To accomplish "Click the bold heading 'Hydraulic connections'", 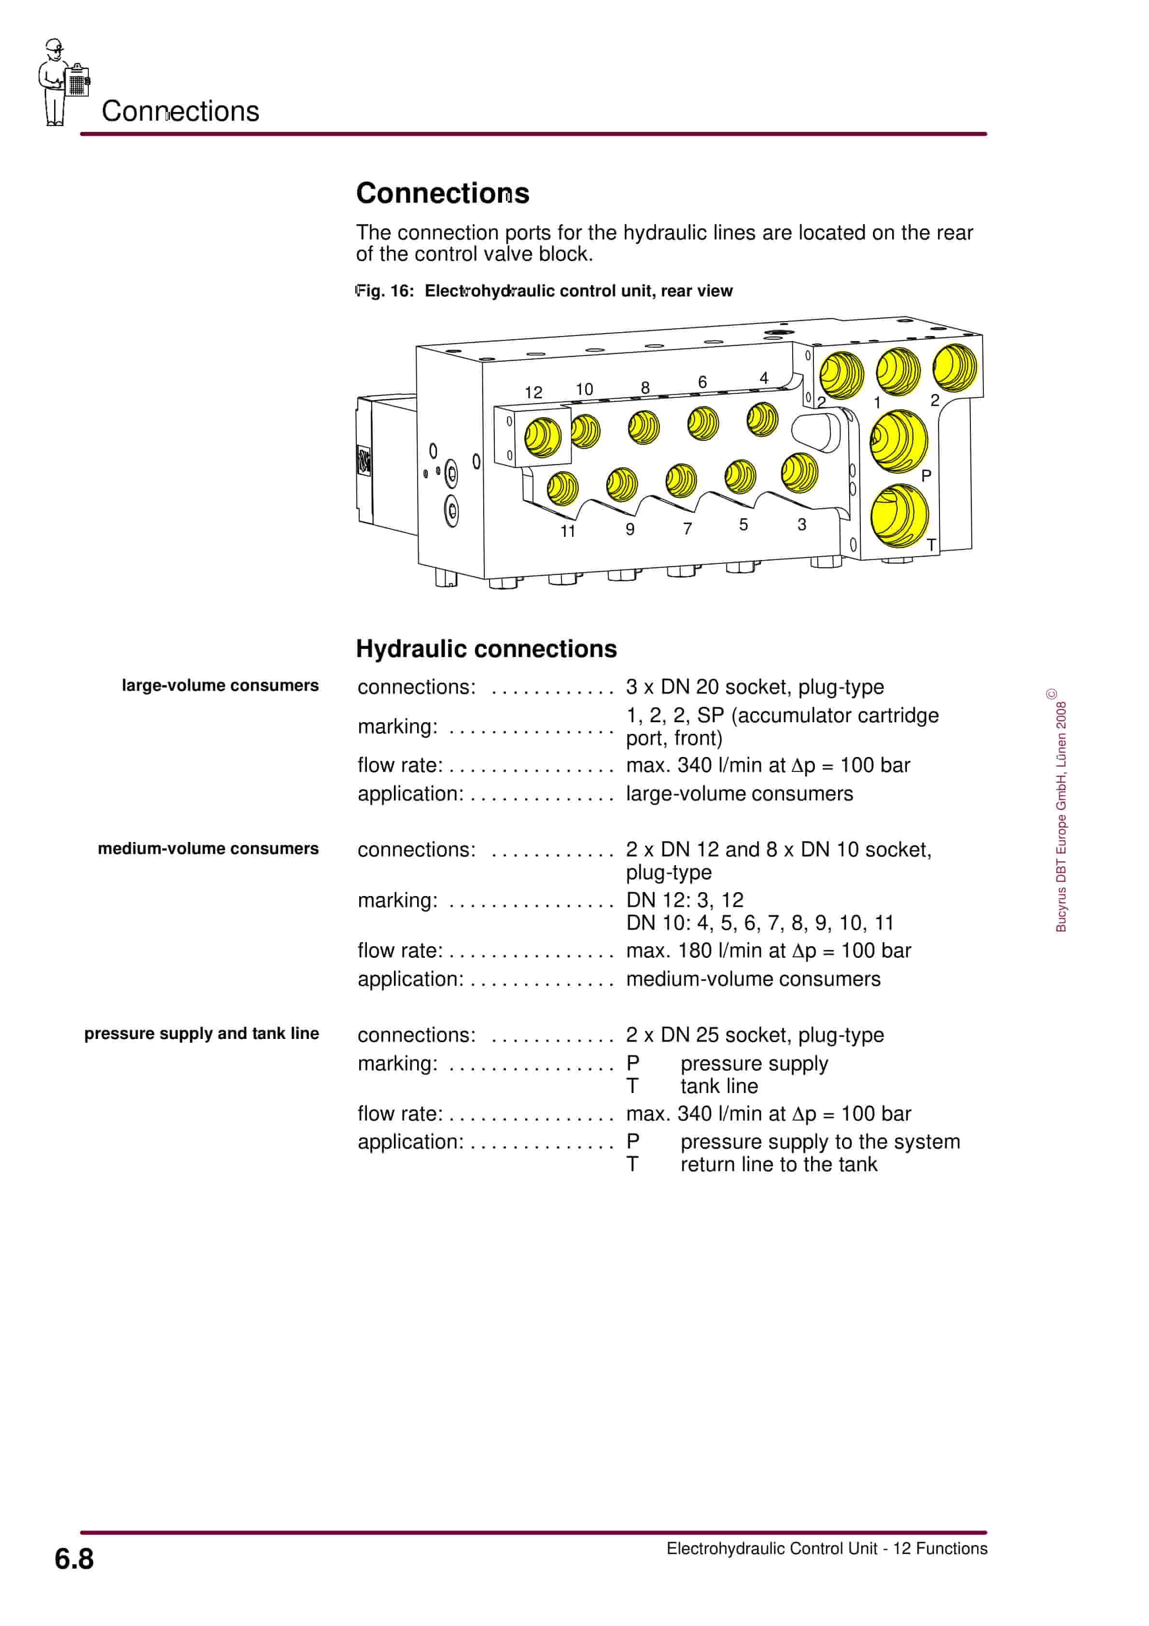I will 486,649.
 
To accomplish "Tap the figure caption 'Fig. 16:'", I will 385,291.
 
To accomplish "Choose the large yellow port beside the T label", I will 899,516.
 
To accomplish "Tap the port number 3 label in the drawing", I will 801,525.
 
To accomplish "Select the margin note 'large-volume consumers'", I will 220,686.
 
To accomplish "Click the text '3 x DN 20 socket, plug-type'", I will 755,687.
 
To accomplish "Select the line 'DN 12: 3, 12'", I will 684,900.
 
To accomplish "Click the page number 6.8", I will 74,1559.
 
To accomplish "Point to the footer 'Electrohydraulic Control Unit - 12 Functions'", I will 826,1548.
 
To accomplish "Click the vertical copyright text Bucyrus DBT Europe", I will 1061,814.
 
